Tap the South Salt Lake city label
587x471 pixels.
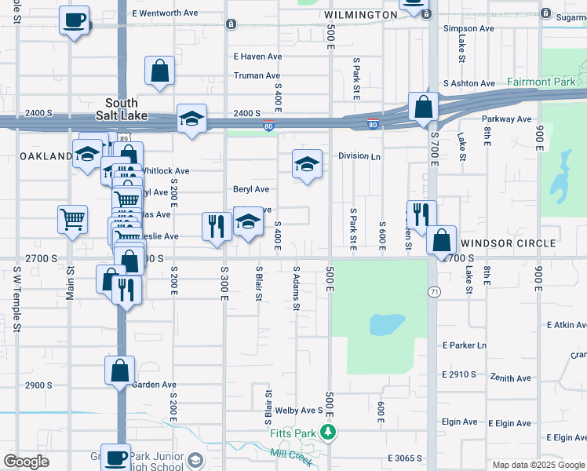click(x=122, y=109)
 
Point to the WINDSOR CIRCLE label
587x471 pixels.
click(x=509, y=244)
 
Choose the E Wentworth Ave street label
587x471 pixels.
click(x=166, y=13)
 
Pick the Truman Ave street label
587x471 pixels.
click(x=257, y=76)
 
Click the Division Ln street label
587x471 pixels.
click(x=359, y=156)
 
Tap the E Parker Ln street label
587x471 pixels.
click(x=465, y=345)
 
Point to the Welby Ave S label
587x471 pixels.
click(x=299, y=411)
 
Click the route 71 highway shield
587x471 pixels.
click(x=433, y=292)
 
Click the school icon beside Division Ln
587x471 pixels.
click(x=307, y=163)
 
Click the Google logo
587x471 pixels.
click(x=27, y=462)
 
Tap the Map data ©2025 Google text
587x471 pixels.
click(x=538, y=465)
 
